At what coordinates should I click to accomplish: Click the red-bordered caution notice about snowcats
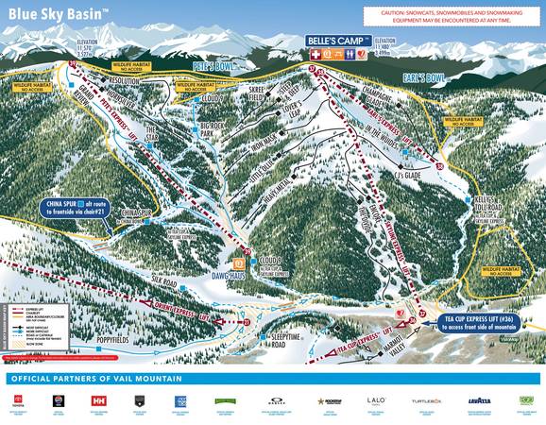pyautogui.click(x=452, y=17)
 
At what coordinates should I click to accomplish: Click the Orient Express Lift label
pyautogui.click(x=169, y=310)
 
